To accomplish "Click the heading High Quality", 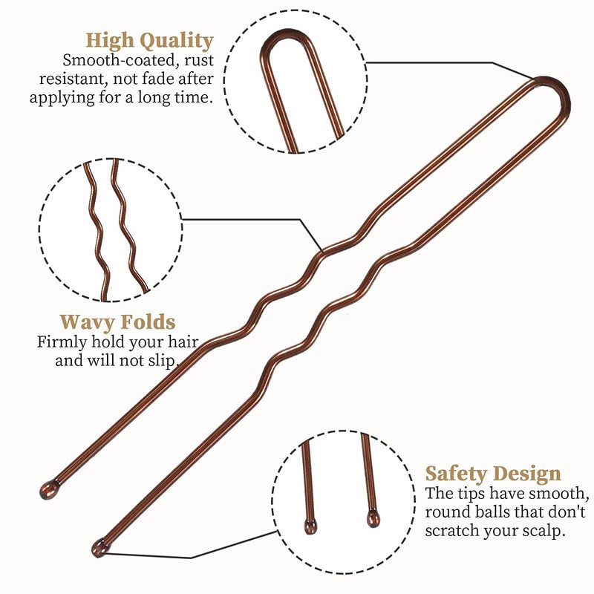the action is click(x=149, y=40).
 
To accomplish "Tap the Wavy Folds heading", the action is click(x=117, y=322).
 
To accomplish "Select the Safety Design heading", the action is click(x=492, y=474).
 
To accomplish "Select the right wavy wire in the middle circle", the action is click(x=126, y=230).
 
